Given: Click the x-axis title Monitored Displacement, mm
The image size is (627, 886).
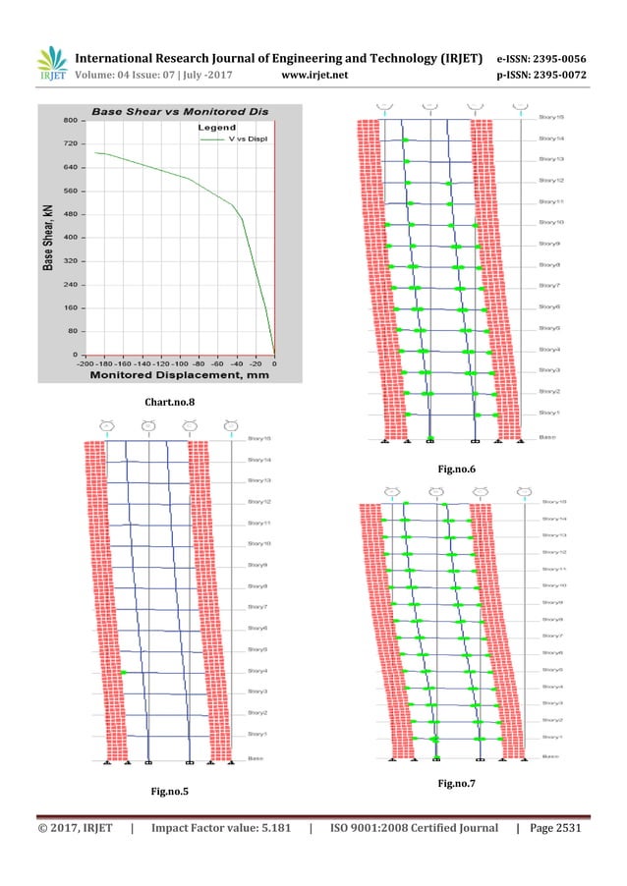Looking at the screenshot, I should click(x=174, y=375).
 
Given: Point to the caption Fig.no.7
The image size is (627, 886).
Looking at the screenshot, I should click(x=457, y=783).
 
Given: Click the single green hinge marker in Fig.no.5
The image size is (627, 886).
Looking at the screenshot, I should click(x=126, y=672).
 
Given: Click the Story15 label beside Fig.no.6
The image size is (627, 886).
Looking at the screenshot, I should click(x=551, y=117).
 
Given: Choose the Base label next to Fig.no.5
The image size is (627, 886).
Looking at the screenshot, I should click(x=255, y=757).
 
